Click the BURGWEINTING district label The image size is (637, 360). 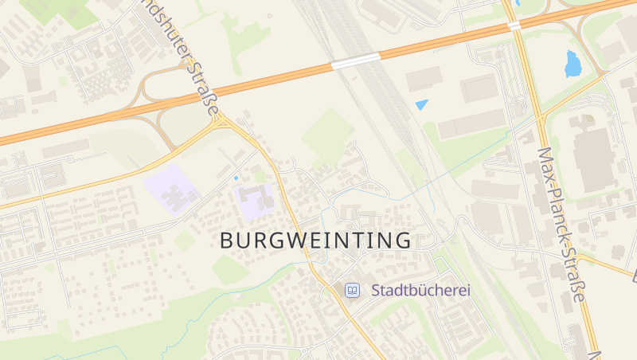315,240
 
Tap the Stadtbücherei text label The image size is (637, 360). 420,291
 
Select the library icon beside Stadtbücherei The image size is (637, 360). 351,291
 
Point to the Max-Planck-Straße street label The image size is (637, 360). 561,224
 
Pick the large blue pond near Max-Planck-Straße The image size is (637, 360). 572,65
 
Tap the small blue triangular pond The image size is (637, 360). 421,104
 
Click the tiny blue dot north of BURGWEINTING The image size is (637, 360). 236,178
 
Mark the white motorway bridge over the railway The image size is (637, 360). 355,61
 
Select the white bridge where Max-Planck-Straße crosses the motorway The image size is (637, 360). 514,25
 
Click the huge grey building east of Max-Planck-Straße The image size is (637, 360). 594,159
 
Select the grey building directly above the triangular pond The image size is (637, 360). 424,79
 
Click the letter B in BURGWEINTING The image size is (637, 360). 226,240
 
